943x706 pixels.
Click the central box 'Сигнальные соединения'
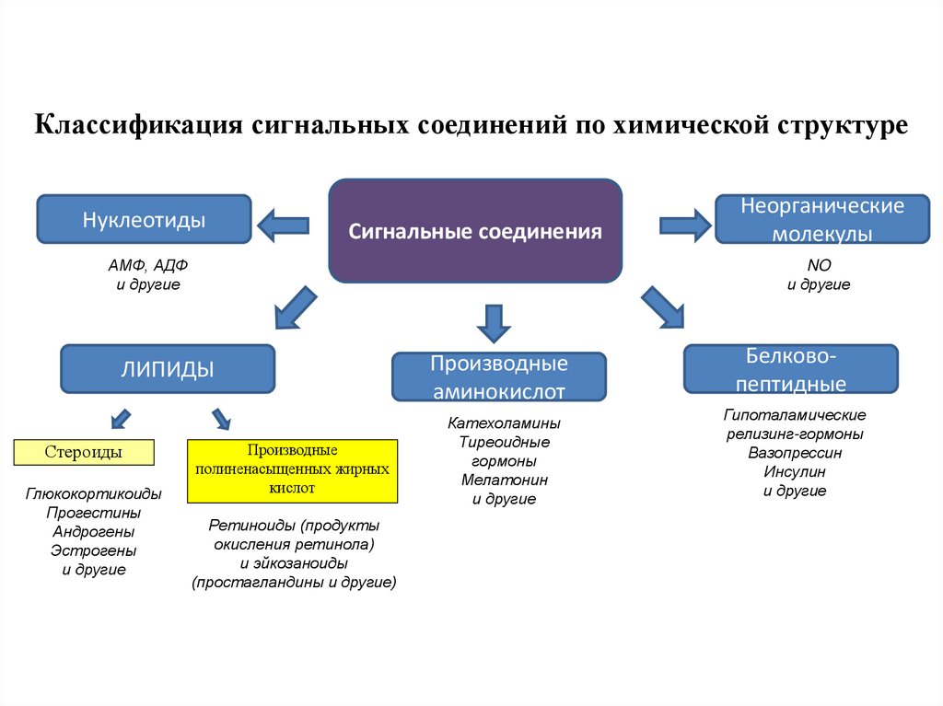(x=475, y=231)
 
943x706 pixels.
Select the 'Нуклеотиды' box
(x=144, y=221)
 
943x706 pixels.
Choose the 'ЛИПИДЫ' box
(x=168, y=369)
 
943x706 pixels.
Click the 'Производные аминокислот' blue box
(x=499, y=376)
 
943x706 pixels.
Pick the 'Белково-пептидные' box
(x=790, y=369)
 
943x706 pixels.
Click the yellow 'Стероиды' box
(x=84, y=452)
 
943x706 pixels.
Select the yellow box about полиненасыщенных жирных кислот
(x=292, y=470)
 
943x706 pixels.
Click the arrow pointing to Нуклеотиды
(x=283, y=224)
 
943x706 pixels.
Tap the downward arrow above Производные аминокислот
(x=495, y=322)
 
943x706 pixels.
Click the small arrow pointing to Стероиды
(x=117, y=418)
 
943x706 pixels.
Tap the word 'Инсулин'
(x=794, y=471)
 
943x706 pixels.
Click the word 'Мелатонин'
(x=504, y=480)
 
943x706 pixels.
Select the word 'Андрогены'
(x=93, y=531)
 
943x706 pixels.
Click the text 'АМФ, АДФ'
(x=147, y=265)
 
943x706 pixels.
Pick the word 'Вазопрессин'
(x=794, y=453)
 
